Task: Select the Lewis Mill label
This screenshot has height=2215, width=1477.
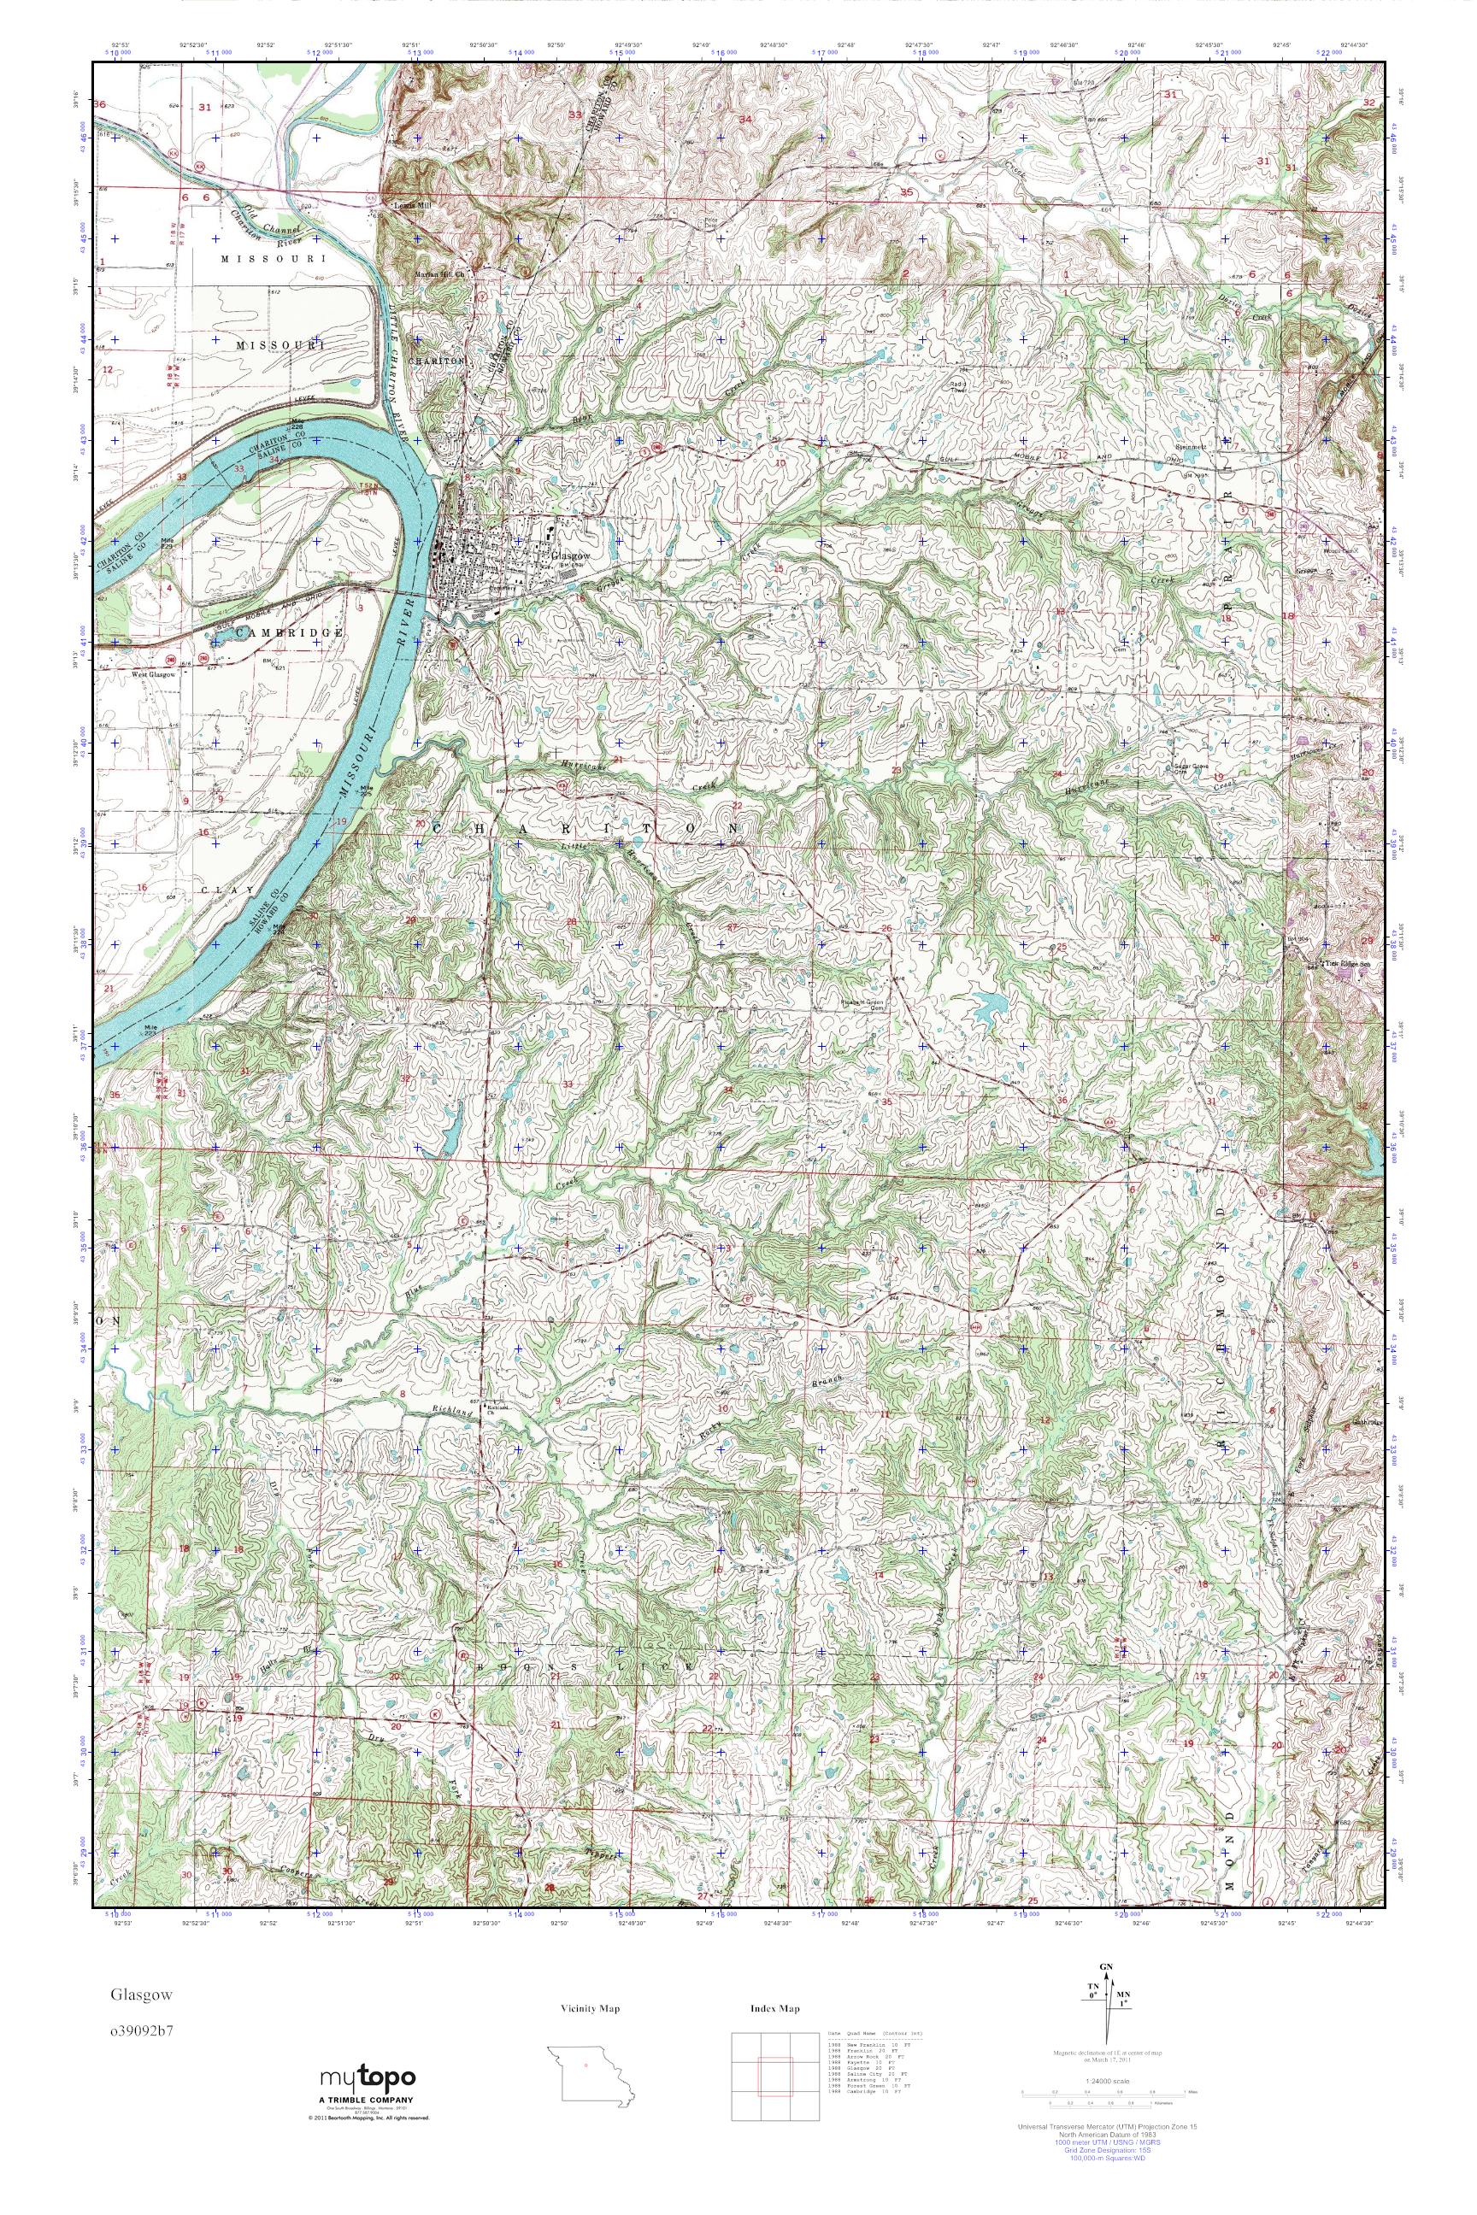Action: coord(408,203)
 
